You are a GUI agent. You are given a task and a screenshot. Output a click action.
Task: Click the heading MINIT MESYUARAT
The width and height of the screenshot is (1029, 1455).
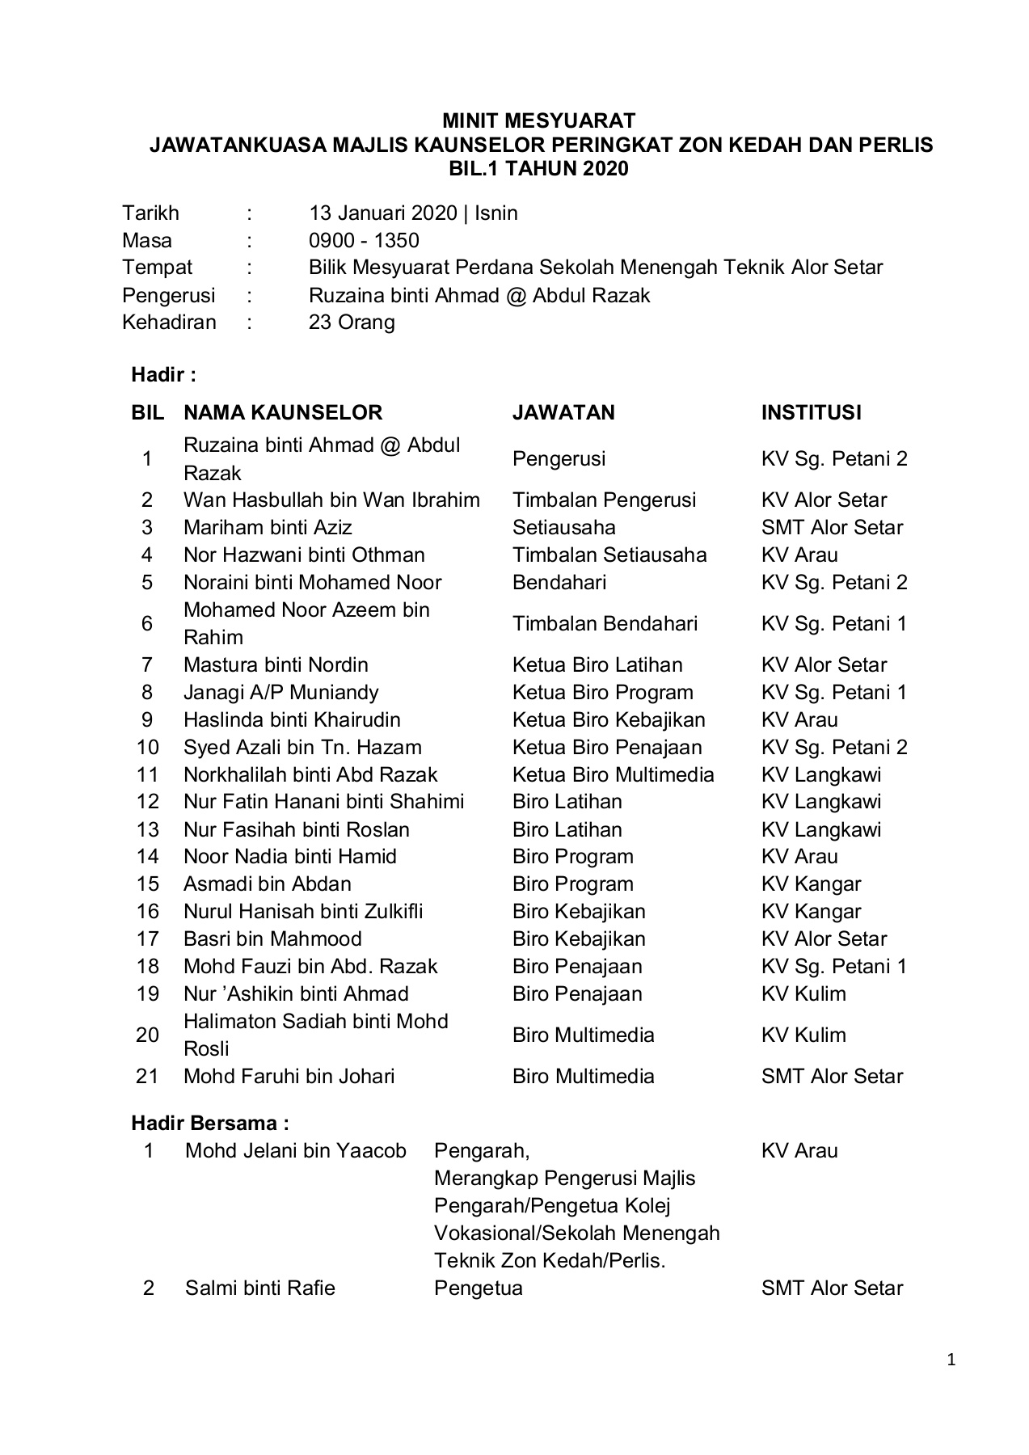click(538, 121)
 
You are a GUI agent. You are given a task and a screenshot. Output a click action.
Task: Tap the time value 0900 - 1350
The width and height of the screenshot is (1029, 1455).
click(364, 240)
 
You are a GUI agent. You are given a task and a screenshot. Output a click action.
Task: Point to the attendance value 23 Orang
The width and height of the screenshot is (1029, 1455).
click(352, 323)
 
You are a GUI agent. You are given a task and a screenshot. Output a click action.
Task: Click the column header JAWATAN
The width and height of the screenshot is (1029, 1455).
click(563, 412)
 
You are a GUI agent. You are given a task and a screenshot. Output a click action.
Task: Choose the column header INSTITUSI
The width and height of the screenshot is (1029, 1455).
click(811, 412)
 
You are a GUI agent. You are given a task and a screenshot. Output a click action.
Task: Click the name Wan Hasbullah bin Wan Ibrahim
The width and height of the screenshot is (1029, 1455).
click(331, 500)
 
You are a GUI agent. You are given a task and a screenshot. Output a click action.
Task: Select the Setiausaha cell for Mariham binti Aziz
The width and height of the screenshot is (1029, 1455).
click(563, 527)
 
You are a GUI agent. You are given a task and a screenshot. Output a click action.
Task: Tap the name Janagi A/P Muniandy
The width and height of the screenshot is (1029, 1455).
click(280, 692)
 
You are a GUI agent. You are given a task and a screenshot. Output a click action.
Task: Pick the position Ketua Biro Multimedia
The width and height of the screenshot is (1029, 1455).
click(613, 774)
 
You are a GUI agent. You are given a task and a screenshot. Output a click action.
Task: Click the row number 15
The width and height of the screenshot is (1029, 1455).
click(148, 884)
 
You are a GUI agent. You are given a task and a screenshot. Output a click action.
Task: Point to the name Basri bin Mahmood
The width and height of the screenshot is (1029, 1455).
click(272, 938)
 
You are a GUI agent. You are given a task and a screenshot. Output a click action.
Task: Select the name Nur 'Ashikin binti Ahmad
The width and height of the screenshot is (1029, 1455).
click(296, 993)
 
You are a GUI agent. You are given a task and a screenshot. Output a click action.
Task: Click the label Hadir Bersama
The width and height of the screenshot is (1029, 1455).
click(210, 1123)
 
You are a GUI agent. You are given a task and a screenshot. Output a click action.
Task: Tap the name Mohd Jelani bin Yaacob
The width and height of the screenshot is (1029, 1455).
click(295, 1150)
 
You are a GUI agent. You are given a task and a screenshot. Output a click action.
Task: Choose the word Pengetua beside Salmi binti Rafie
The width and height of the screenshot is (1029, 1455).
click(478, 1288)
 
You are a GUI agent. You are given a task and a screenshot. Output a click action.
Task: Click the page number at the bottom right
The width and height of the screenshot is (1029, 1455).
click(951, 1360)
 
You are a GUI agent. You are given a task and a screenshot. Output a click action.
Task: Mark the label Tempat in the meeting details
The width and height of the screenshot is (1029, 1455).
click(157, 268)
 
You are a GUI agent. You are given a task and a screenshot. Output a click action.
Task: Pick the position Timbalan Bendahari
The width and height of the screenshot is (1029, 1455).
click(605, 623)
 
